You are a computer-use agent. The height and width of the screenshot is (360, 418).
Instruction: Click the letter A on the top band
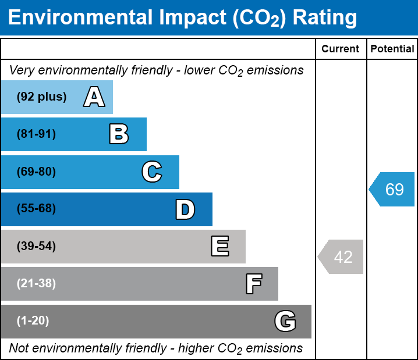point(94,97)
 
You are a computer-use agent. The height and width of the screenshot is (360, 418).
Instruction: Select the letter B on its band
point(119,134)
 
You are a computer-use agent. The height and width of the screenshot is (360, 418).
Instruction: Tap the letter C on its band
point(151,172)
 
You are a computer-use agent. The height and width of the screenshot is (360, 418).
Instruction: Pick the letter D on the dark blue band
point(185,209)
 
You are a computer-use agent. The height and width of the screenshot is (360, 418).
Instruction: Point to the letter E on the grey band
point(219,247)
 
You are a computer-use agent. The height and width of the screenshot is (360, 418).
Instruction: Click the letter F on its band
point(253,284)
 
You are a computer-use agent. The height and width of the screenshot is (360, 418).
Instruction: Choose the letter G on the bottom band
point(285,321)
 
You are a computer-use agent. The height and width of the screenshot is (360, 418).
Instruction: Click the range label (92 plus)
point(41,97)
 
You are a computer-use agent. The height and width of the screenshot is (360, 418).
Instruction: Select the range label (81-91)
point(36,134)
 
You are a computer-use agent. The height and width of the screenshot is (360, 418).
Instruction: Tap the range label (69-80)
point(36,172)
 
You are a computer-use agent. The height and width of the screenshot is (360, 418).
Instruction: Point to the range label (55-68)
point(36,209)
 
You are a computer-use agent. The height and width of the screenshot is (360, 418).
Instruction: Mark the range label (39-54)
point(36,247)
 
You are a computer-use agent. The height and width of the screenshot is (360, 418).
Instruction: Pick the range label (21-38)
point(36,284)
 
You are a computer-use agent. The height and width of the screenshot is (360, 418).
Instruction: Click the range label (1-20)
point(33,321)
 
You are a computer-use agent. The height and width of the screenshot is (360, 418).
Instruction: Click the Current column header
point(341,49)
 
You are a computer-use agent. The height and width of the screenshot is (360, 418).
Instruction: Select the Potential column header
point(392,49)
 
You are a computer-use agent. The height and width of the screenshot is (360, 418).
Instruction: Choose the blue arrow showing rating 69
point(392,190)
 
